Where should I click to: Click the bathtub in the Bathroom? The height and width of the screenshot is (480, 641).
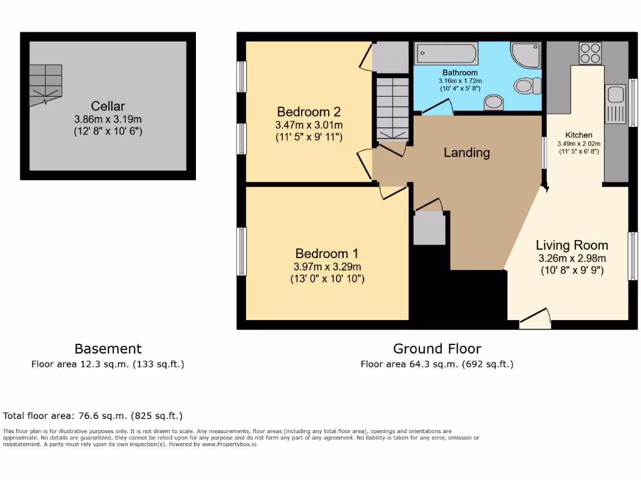[446, 53]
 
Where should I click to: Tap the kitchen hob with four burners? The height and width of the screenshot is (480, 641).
[590, 53]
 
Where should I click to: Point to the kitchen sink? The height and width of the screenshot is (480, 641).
[615, 96]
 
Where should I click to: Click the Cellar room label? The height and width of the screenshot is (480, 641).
[108, 106]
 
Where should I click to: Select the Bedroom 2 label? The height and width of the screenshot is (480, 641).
[309, 112]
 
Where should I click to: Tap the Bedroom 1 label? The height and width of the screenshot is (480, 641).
[327, 254]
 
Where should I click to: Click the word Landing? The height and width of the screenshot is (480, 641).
[466, 152]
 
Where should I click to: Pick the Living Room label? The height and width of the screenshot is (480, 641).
[572, 245]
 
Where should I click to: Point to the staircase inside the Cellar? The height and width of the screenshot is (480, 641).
[47, 84]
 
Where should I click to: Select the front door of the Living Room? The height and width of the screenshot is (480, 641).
[535, 319]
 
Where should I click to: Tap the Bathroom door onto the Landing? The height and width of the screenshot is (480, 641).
[438, 109]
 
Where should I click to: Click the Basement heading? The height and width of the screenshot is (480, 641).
[108, 349]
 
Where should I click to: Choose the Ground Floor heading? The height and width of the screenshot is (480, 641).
[437, 349]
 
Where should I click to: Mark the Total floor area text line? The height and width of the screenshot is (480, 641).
[93, 416]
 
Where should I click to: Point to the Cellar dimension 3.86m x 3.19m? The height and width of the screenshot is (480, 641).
[108, 119]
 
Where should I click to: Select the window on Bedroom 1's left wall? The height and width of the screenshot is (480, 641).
[240, 251]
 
